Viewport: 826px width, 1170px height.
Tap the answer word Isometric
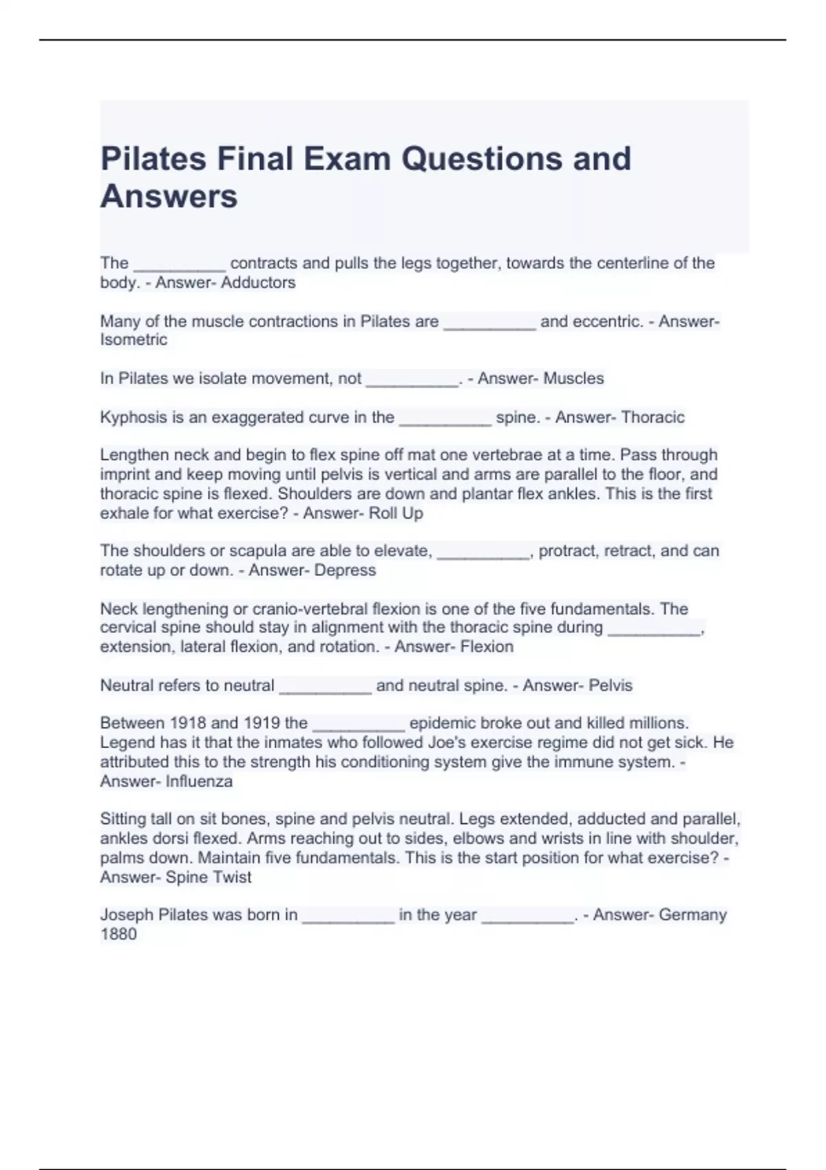pos(134,340)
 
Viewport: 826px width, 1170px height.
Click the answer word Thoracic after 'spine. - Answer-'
pos(653,418)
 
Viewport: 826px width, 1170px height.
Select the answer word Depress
pos(346,571)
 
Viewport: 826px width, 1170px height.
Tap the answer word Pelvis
pos(611,685)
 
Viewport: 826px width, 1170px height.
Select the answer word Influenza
pos(199,782)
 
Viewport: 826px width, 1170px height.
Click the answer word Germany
pos(692,915)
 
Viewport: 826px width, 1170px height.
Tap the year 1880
pos(118,935)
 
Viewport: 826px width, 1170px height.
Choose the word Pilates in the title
pos(153,159)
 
